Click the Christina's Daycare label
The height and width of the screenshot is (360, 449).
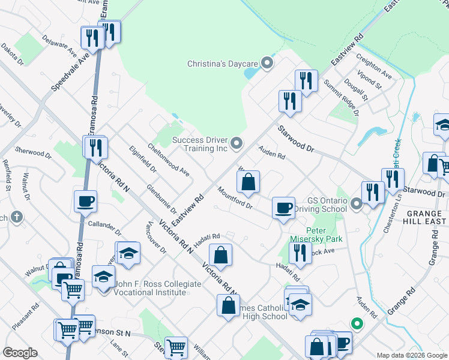[x=223, y=63]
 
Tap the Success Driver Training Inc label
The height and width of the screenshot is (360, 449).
[x=200, y=144]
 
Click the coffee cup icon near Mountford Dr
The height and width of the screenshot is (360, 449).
[x=283, y=208]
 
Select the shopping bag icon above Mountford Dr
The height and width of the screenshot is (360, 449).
[x=249, y=181]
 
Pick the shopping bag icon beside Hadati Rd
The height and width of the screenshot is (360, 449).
[x=221, y=254]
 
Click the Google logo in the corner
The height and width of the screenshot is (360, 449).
[x=20, y=353]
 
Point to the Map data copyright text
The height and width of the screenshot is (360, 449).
[x=412, y=355]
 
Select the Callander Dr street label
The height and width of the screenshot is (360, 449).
[x=104, y=229]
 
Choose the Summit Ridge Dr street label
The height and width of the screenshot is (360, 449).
[x=340, y=97]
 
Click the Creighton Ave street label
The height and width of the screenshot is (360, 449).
[x=373, y=68]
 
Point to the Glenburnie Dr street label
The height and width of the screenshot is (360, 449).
[x=161, y=198]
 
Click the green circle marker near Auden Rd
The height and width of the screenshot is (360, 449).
[x=357, y=325]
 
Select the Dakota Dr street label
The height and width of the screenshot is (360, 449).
[x=12, y=53]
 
